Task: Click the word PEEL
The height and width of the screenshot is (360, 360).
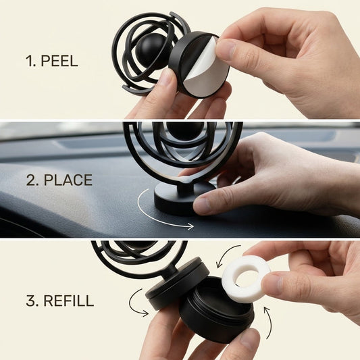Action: (x=59, y=61)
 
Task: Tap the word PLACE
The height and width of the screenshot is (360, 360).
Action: (x=68, y=180)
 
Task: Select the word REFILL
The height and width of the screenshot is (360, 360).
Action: (x=69, y=301)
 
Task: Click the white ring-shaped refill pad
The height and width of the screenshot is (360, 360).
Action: (x=246, y=278)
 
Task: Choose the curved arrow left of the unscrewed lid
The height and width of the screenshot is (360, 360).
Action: (x=136, y=303)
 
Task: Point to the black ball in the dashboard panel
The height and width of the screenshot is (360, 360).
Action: (x=185, y=130)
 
